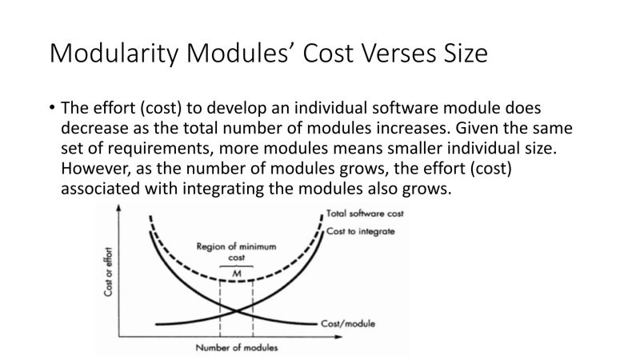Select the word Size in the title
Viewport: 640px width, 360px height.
pyautogui.click(x=466, y=54)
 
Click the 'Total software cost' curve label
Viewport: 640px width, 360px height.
pyautogui.click(x=366, y=214)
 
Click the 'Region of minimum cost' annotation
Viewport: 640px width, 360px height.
pyautogui.click(x=236, y=252)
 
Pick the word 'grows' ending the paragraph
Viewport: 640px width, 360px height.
pyautogui.click(x=429, y=190)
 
